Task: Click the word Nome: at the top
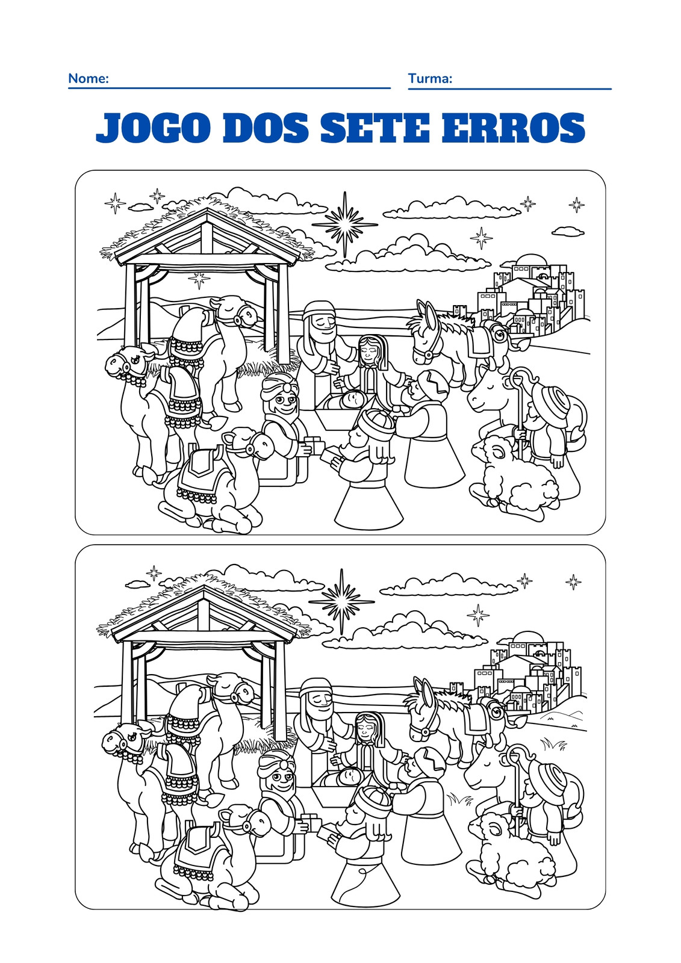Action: pyautogui.click(x=88, y=78)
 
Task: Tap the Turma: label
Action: pyautogui.click(x=430, y=78)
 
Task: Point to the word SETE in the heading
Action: pyautogui.click(x=375, y=128)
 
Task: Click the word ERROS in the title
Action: pyautogui.click(x=513, y=128)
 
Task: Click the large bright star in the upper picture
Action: pyautogui.click(x=344, y=224)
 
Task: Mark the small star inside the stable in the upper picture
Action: pyautogui.click(x=199, y=280)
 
